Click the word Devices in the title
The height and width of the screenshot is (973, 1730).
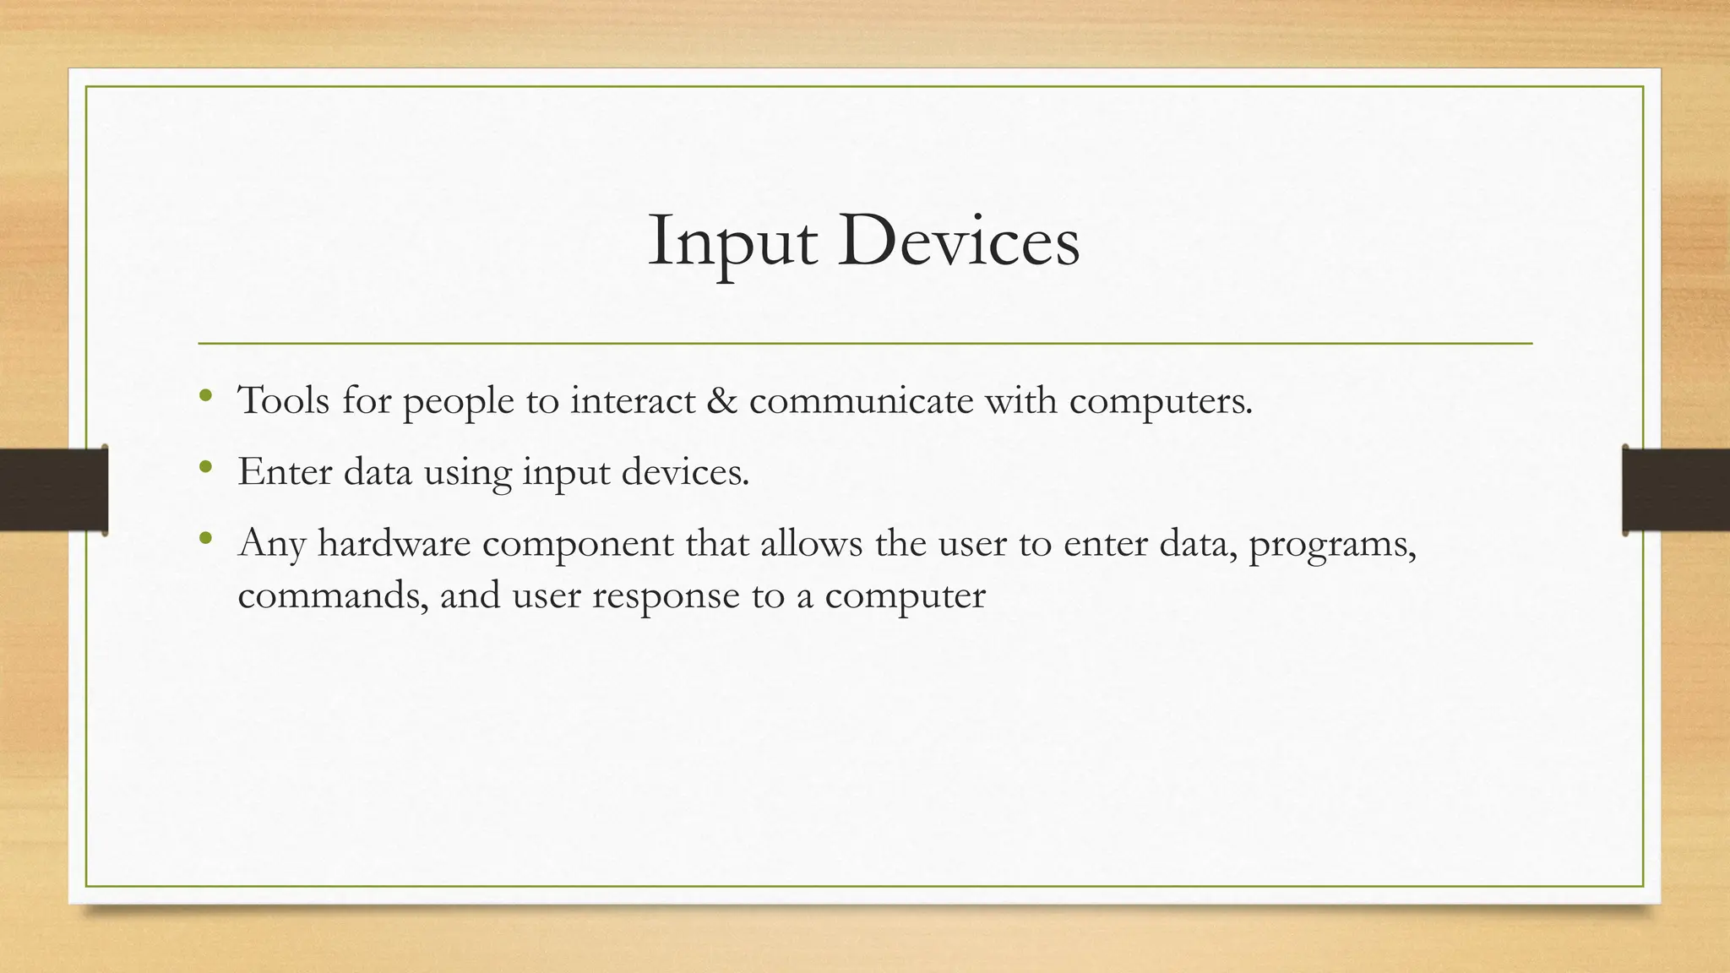958,242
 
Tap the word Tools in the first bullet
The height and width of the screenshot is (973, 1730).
284,400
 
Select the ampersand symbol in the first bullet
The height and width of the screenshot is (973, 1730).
721,400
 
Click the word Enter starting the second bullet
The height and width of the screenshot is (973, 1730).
285,471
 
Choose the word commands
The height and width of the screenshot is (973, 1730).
332,595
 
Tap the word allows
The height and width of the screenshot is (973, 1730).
811,543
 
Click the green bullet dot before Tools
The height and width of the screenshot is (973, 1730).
205,394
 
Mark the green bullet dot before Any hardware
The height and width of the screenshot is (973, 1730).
205,537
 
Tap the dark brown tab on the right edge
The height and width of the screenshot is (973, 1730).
1677,490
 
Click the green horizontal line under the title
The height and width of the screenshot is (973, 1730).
865,344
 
